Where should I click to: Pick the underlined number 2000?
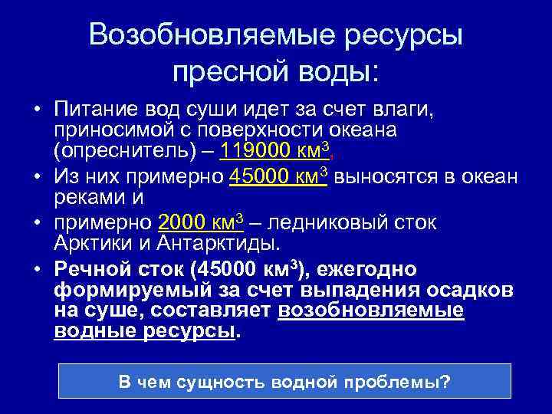tap(181, 223)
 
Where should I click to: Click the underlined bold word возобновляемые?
tap(372, 310)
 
